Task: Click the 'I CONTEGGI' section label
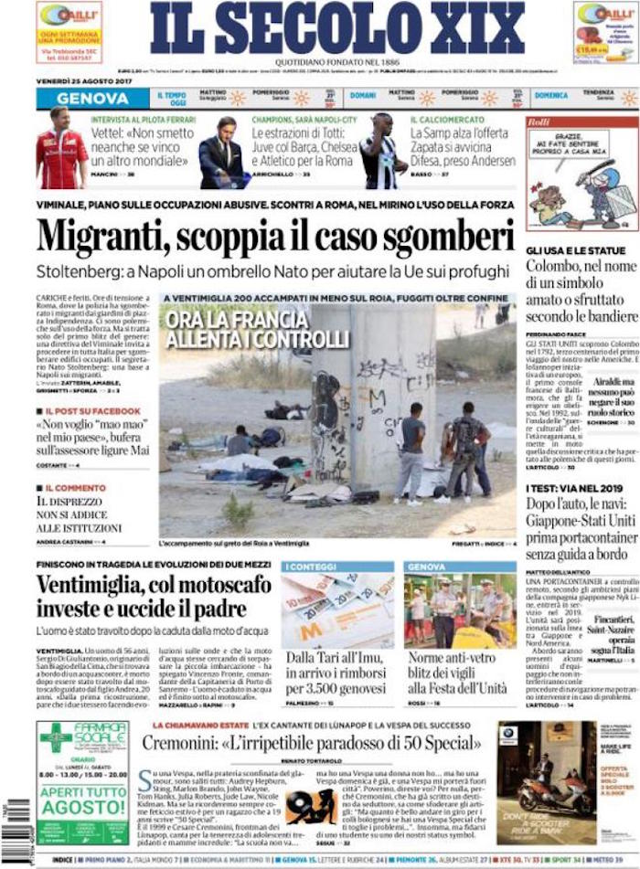tap(307, 567)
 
